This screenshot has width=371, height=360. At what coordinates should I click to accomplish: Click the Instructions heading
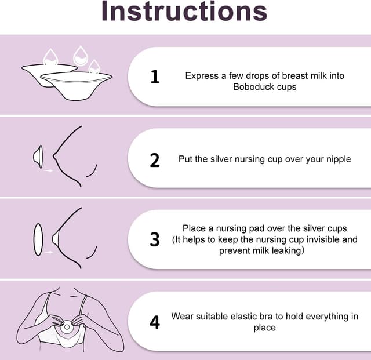click(x=184, y=11)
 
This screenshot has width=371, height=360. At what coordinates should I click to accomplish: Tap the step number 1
click(x=155, y=77)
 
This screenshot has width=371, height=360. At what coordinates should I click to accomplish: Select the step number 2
click(x=155, y=160)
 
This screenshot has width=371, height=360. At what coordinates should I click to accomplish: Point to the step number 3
click(x=155, y=239)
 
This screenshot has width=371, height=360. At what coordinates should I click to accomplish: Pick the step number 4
click(x=155, y=322)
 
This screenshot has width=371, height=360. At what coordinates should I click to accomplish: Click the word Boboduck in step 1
click(x=254, y=87)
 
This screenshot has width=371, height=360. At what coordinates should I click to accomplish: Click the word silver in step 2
click(x=221, y=159)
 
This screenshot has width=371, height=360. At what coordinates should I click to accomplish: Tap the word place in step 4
click(x=265, y=328)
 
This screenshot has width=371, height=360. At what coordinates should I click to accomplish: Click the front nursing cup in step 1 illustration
click(x=77, y=86)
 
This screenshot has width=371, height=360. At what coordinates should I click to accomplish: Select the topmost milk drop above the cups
click(x=80, y=56)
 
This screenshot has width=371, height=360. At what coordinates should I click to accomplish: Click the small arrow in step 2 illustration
click(x=49, y=170)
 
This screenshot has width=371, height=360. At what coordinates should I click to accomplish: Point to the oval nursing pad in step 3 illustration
click(x=38, y=239)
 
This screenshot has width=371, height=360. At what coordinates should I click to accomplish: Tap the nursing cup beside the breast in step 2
click(x=38, y=157)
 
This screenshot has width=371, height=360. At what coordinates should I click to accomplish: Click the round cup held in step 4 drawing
click(x=67, y=327)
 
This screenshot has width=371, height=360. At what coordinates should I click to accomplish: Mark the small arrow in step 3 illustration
click(x=49, y=252)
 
